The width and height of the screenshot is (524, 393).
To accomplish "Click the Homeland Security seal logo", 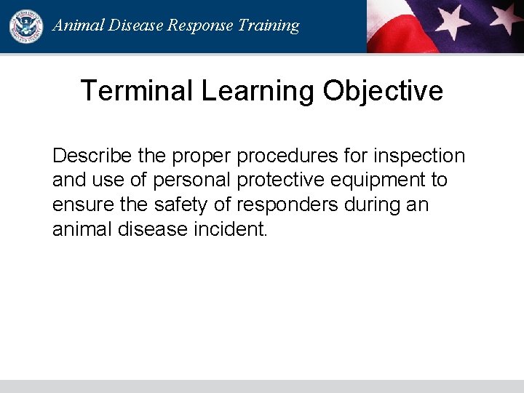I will pos(26,26).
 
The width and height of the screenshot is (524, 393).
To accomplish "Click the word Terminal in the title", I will pos(136,91).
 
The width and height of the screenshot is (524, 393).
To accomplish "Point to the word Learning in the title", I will pos(258,91).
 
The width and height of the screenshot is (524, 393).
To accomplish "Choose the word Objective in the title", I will pos(383,91).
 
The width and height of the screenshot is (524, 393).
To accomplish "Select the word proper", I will pos(195,156).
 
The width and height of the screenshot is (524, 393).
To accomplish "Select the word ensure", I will pos(78,205).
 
